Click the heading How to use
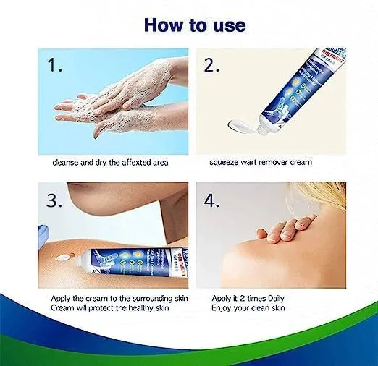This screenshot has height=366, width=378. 194,24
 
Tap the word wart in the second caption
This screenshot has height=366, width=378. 251,162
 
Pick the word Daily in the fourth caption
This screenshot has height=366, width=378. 274,299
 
